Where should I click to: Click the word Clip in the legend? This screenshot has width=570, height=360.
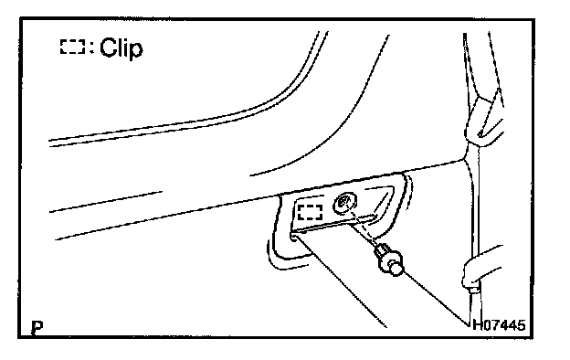[121, 48]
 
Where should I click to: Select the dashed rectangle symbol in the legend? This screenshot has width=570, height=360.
[73, 47]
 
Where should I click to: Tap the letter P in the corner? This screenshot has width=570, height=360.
[37, 328]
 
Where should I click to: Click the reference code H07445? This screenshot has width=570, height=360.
[499, 324]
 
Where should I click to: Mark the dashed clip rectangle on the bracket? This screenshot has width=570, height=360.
[310, 212]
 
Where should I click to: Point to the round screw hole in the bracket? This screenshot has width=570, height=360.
[344, 203]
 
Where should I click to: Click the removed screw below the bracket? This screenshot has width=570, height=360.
[389, 259]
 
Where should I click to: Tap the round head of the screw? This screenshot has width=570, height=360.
[396, 268]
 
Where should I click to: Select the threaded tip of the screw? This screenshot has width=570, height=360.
[380, 249]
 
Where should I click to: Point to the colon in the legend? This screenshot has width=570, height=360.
[91, 48]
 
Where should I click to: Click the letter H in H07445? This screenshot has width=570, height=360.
[477, 324]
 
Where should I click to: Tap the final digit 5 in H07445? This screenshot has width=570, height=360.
[522, 324]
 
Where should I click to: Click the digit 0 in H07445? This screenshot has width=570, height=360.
[486, 324]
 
